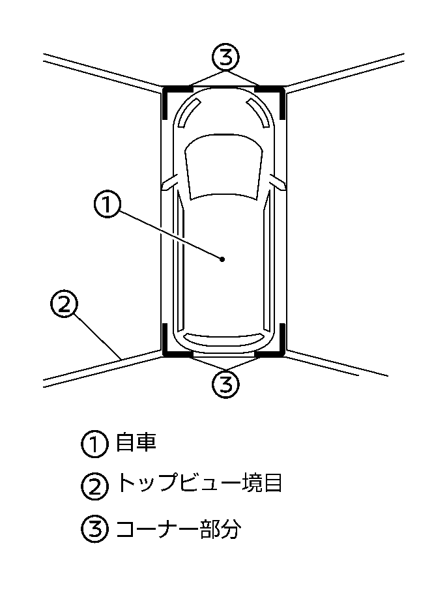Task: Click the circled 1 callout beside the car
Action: pos(108,205)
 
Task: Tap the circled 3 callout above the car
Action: pos(225,57)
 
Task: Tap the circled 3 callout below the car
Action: pos(225,384)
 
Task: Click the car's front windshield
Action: pos(224,167)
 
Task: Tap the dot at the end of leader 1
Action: pos(223,259)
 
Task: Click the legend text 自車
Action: pos(136,444)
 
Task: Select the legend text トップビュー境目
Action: pos(199,484)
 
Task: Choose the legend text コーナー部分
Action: pos(178,528)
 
